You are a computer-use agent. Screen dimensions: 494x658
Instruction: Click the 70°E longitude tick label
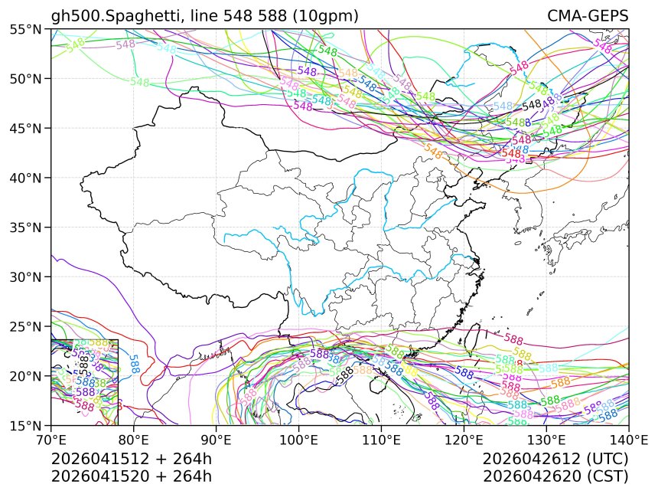click(50, 441)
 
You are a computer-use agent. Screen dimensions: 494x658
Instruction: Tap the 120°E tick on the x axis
click(464, 441)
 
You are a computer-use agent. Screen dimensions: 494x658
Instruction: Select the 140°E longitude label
click(627, 441)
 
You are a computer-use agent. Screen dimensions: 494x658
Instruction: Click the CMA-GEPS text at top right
click(588, 16)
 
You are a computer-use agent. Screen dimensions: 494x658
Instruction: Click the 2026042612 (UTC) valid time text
click(555, 460)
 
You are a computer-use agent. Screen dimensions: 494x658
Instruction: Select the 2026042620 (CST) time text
click(555, 476)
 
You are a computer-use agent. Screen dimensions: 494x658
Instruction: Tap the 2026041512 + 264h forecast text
click(131, 460)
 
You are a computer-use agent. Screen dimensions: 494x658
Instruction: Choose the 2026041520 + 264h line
click(131, 476)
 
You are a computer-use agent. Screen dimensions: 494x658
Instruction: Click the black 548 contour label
click(532, 105)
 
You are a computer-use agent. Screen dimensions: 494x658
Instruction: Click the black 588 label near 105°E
click(346, 373)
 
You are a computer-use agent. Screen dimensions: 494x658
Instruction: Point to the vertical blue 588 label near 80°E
click(134, 363)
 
